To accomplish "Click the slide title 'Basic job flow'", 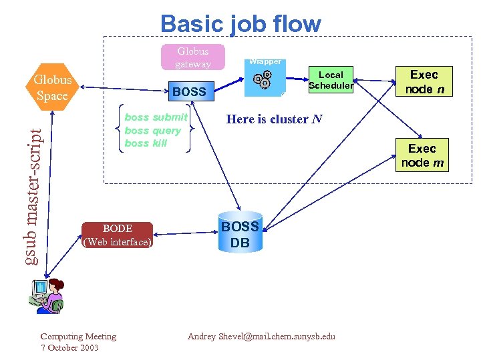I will [x=240, y=24].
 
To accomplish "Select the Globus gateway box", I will [x=192, y=57].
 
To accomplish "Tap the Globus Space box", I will [x=52, y=87].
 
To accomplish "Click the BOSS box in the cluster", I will [x=189, y=91].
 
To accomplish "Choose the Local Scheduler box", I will [x=331, y=80].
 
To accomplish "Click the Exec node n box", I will [x=424, y=82].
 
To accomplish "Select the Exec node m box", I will [x=422, y=155].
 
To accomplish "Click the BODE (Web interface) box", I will [x=117, y=235].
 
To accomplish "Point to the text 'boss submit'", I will [x=156, y=117].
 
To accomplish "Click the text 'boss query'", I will [x=152, y=131].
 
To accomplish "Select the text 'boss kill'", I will [x=146, y=143].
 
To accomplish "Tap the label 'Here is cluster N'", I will [x=274, y=119].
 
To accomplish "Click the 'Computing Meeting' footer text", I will [x=78, y=337].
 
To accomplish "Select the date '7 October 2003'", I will [x=69, y=348].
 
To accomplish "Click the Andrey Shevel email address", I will [x=261, y=337].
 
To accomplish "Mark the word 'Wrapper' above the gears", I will [x=265, y=62].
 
